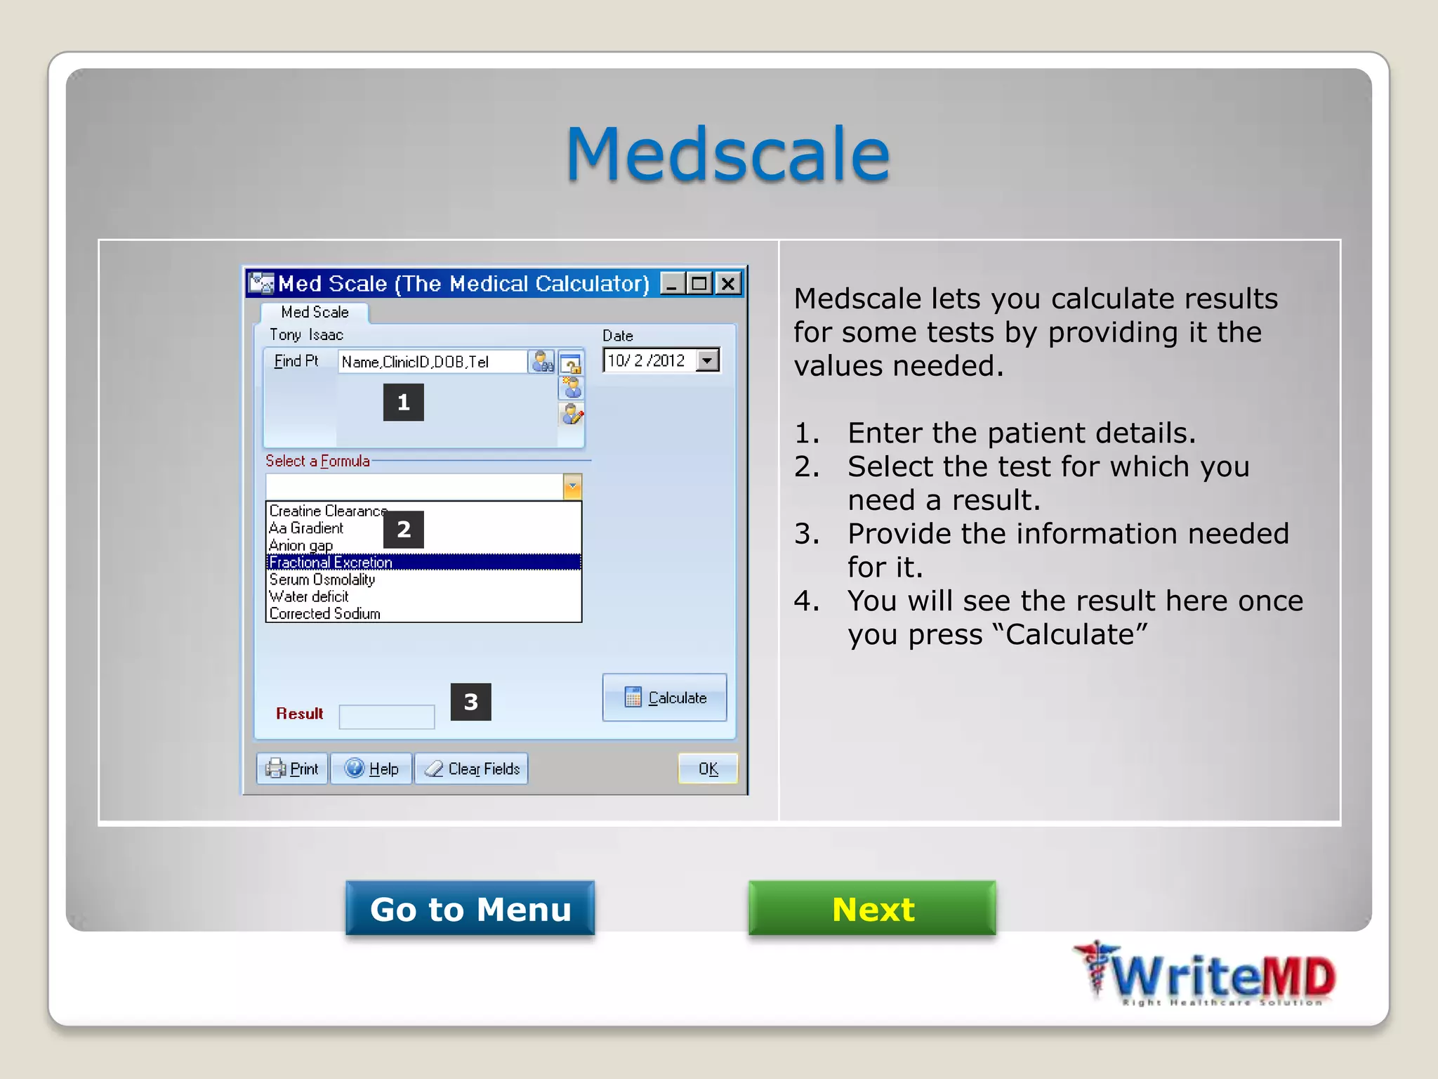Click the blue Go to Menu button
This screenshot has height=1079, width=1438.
[x=470, y=908]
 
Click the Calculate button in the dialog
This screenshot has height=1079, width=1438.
[x=664, y=698]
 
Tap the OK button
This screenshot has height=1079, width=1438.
[x=708, y=769]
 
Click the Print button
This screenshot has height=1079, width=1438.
[x=293, y=769]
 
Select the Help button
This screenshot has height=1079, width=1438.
[x=371, y=769]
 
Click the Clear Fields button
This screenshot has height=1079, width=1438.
[x=472, y=769]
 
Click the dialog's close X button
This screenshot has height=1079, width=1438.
[x=729, y=284]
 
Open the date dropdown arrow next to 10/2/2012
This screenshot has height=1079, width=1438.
[x=708, y=360]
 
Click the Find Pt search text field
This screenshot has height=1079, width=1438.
[x=432, y=362]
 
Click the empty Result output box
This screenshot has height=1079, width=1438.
[x=386, y=717]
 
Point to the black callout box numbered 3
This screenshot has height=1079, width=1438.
[x=470, y=702]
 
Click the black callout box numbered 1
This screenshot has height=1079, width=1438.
[x=403, y=403]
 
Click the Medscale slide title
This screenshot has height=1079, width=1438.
[x=727, y=154]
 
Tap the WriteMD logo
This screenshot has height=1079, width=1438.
[x=1205, y=975]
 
